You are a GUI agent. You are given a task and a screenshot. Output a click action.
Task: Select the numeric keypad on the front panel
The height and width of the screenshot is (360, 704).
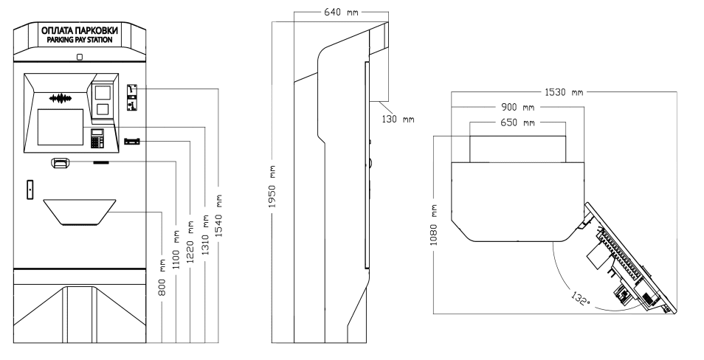pos(97,137)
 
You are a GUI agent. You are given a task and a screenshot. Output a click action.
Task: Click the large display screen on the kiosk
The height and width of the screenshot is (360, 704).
pos(59,127)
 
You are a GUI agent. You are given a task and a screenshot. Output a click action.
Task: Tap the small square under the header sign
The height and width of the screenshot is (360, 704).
pos(79,57)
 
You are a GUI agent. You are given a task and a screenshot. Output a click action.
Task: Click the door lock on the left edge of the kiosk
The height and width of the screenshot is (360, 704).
pos(30,189)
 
